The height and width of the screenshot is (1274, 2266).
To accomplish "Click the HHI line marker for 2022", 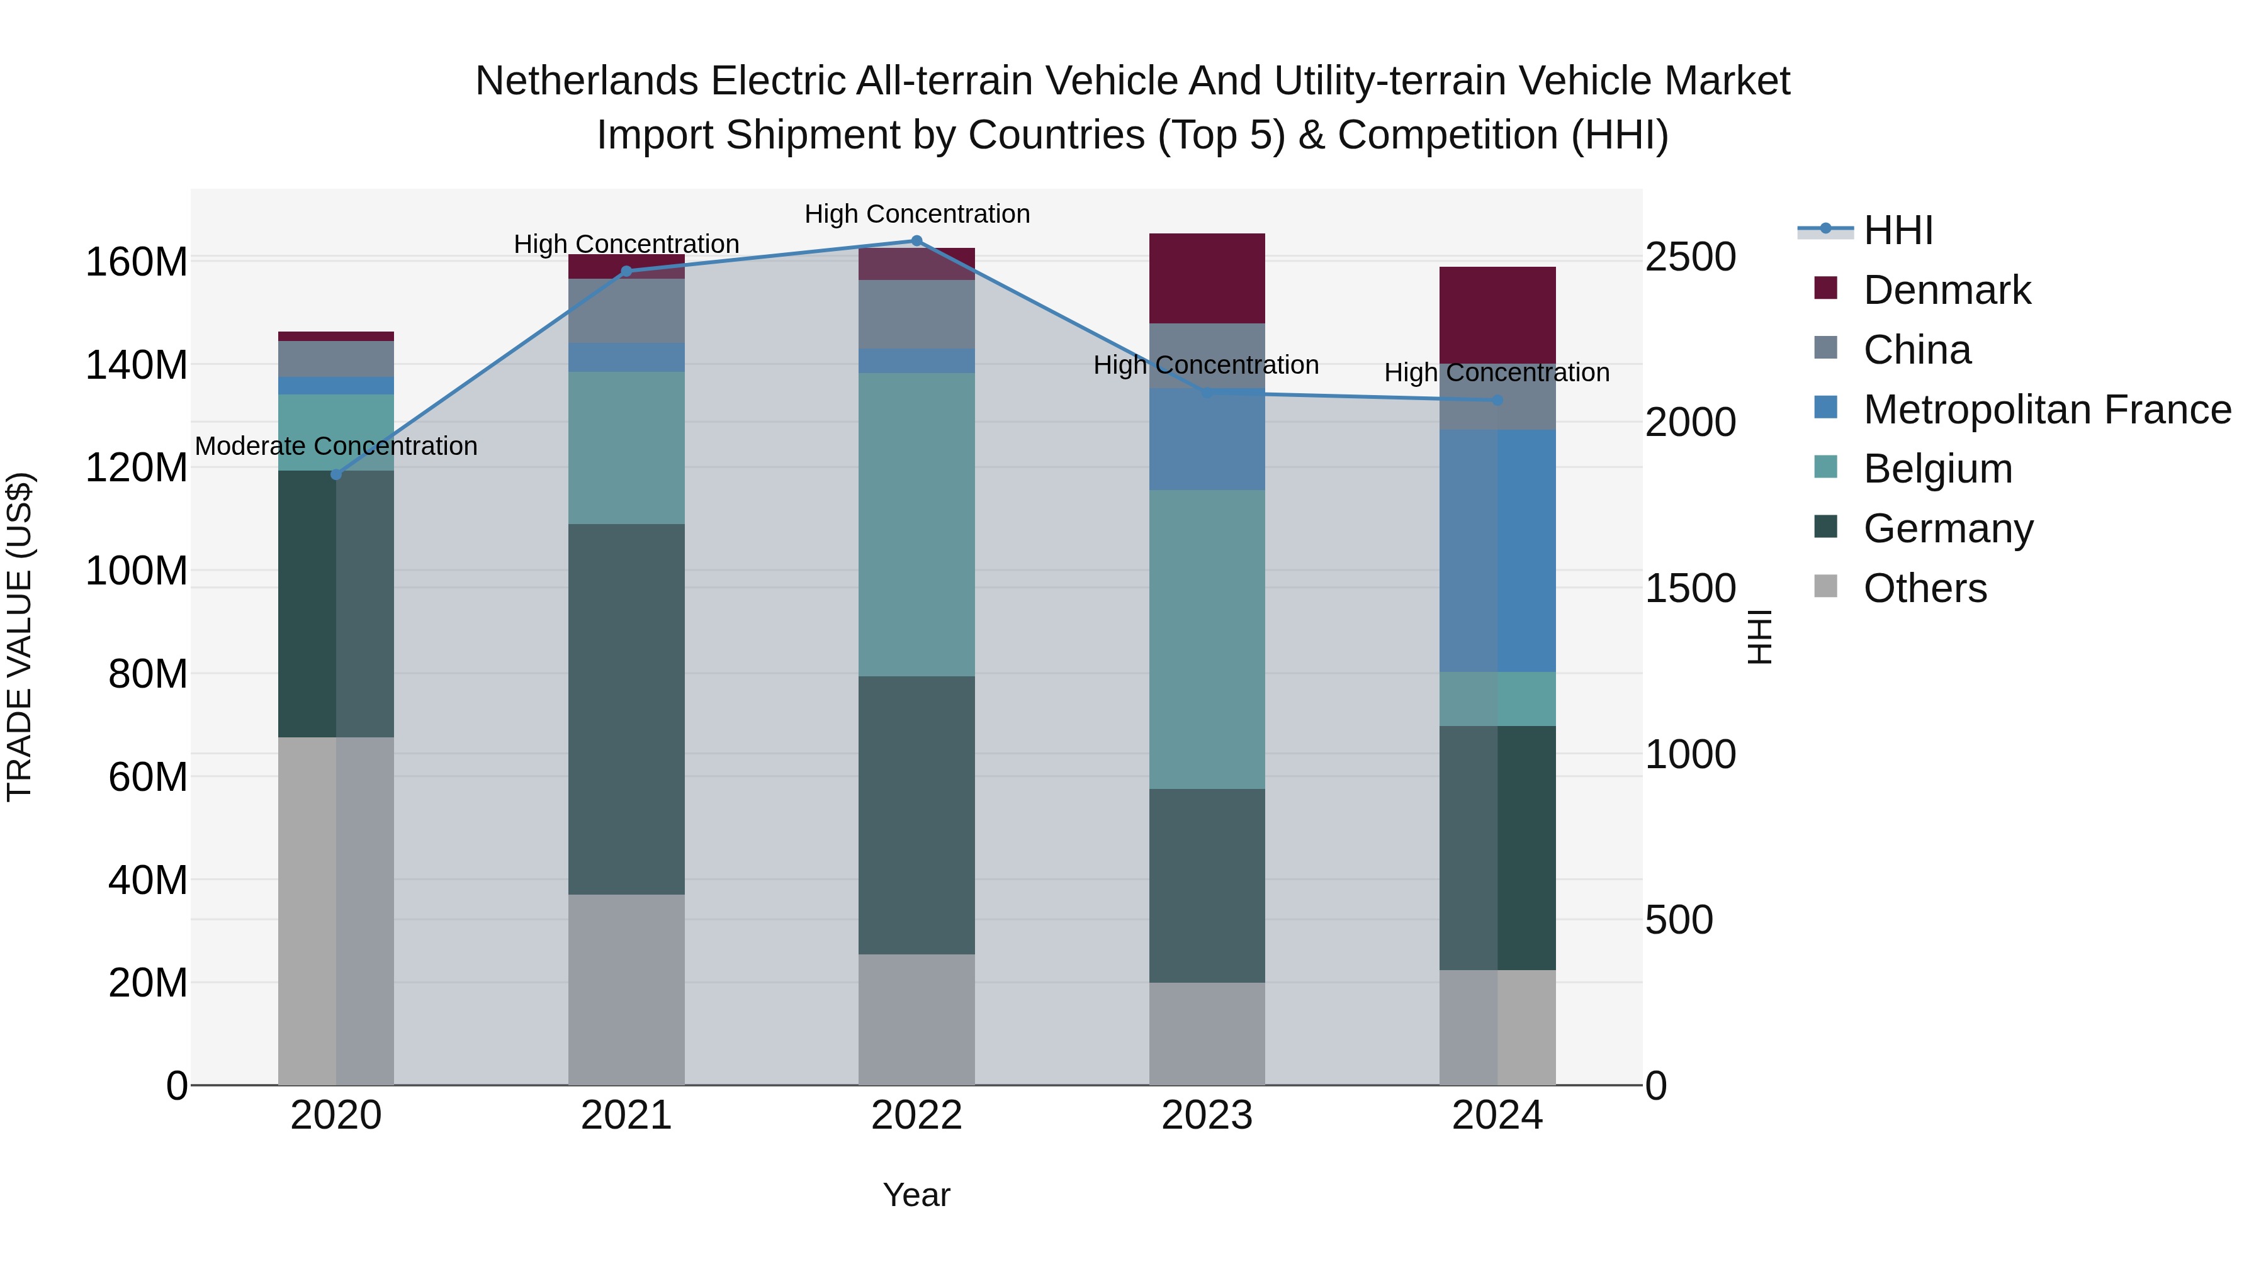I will [x=916, y=241].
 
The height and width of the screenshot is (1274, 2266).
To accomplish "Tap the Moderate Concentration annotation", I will [x=336, y=447].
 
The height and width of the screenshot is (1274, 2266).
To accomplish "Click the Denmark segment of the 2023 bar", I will [x=1206, y=279].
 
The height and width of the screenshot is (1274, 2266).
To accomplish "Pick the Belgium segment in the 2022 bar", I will [x=916, y=525].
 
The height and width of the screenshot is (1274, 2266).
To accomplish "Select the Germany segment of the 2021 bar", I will [x=626, y=710].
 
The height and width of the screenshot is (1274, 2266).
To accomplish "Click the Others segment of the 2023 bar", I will [x=1206, y=1034].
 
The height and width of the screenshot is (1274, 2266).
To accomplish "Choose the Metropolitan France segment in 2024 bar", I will [x=1497, y=551].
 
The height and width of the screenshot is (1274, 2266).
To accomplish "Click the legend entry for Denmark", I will [x=1946, y=290].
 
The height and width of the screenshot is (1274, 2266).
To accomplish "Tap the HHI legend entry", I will [x=1897, y=230].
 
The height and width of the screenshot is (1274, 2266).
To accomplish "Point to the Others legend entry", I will [x=1924, y=588].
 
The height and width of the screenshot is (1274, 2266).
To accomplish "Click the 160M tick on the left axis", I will [x=137, y=262].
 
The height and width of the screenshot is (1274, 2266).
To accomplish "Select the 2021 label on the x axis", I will [x=626, y=1115].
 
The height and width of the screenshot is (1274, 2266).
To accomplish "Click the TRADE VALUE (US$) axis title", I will [x=20, y=637].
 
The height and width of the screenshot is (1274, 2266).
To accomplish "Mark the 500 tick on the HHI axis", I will [x=1678, y=920].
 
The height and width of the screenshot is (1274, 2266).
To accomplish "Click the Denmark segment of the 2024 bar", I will [x=1497, y=315].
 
